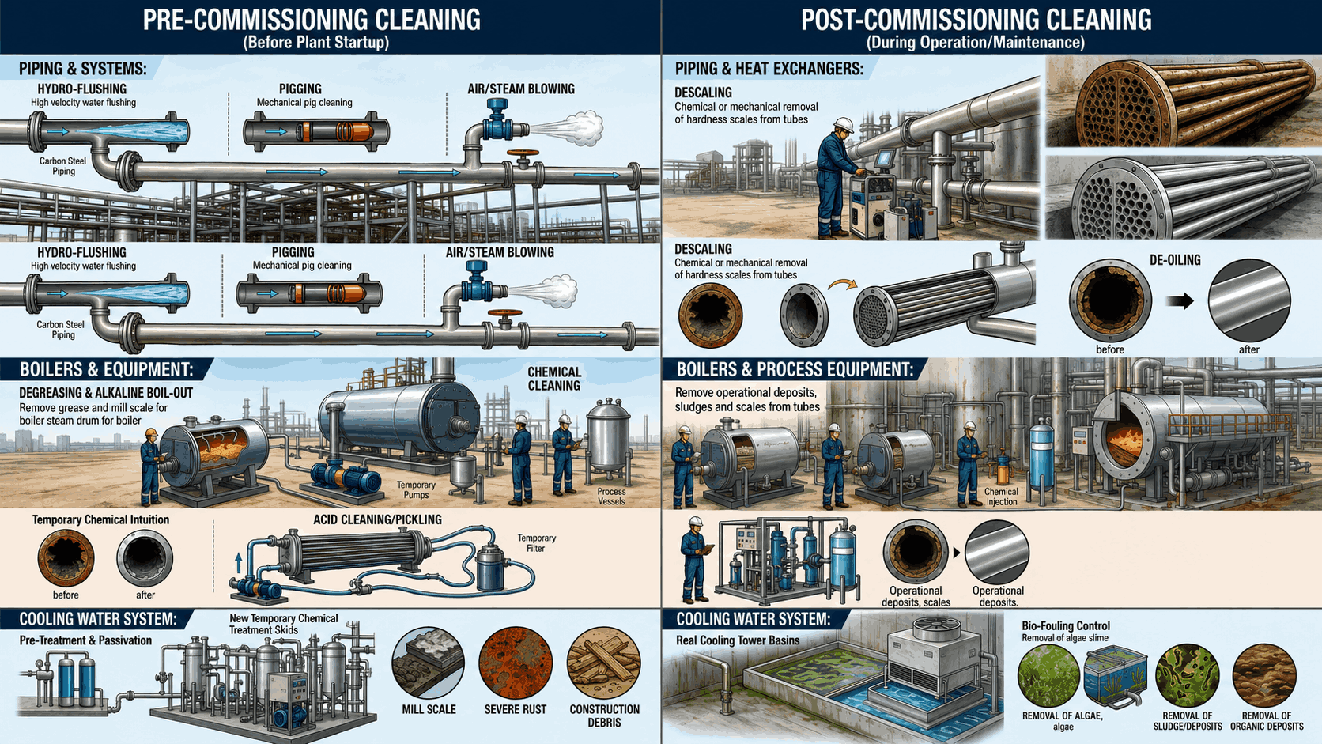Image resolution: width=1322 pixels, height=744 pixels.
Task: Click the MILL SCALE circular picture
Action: tap(428, 663)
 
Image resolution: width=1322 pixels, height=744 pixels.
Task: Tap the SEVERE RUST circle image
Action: tap(516, 663)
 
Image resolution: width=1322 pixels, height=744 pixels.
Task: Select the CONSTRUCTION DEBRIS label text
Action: tap(604, 716)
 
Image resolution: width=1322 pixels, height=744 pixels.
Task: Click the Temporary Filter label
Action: tap(537, 543)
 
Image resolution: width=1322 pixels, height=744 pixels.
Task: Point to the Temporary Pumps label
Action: tap(416, 489)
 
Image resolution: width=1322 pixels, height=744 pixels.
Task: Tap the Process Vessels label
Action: tap(611, 497)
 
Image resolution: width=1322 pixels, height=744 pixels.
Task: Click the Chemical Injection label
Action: tap(1001, 497)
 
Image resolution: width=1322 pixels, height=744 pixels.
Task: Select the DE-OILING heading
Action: tap(1174, 260)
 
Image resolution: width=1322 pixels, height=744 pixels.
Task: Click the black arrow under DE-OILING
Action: tap(1180, 301)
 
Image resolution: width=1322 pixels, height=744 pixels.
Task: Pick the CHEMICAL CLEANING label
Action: tap(553, 379)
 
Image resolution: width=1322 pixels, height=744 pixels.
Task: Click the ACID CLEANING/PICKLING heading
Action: tap(377, 519)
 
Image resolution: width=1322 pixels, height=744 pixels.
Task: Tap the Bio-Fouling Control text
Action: tap(1066, 626)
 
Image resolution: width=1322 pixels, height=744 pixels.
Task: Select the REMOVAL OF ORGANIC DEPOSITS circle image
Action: tap(1264, 675)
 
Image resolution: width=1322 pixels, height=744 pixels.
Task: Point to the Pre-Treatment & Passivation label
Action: tap(85, 640)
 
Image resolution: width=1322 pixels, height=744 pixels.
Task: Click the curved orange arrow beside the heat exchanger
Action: tap(841, 285)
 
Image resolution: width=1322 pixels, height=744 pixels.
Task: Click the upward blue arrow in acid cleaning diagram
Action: tap(239, 563)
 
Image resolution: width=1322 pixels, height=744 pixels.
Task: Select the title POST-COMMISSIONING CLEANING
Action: tap(976, 20)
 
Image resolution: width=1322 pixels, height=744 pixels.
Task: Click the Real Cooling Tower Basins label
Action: tap(738, 640)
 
